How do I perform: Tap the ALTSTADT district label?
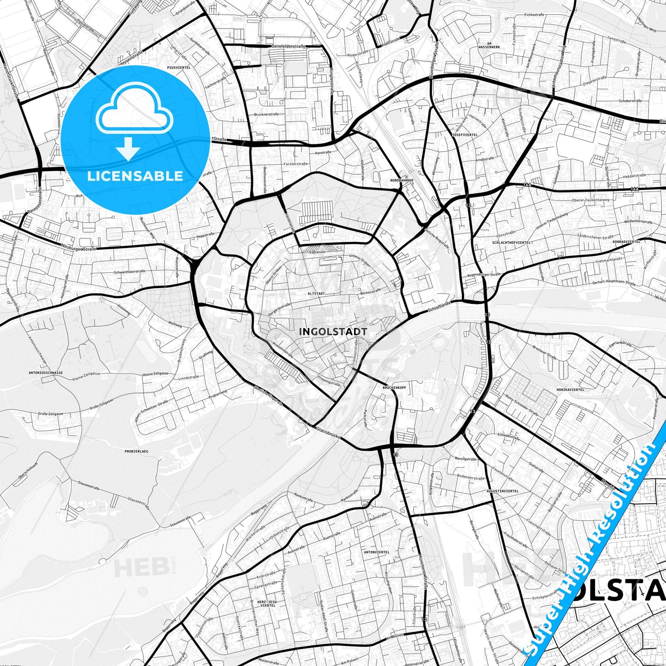point(317,293)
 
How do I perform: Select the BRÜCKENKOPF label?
point(394,388)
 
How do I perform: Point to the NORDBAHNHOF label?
point(402,180)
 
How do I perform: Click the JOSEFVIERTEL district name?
point(465,135)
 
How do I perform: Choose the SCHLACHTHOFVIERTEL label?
point(511,242)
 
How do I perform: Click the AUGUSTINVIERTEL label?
point(502,491)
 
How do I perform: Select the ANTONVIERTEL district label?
point(377,552)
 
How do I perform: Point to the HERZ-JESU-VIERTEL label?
point(268,602)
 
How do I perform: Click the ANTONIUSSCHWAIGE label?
point(46,372)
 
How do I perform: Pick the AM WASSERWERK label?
point(489,45)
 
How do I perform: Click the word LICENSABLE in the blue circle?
point(135,176)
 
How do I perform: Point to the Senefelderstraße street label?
point(290,47)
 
